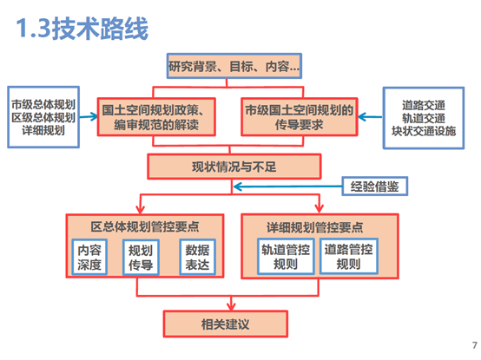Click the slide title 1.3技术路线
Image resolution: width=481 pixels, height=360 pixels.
point(82,29)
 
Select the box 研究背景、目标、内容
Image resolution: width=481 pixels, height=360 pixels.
point(234,66)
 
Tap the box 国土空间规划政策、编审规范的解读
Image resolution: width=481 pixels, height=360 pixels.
point(156,117)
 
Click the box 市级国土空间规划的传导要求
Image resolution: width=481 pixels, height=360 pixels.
point(300,117)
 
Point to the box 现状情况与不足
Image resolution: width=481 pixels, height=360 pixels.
point(234,167)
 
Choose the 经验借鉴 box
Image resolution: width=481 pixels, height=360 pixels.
point(375,186)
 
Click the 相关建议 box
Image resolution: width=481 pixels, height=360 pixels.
point(226,324)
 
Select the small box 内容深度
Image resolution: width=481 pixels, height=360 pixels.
point(89,257)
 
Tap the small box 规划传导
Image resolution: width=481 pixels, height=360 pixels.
point(141,258)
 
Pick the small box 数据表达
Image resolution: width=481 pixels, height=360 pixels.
point(198,257)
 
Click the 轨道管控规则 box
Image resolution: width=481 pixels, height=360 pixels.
point(286,256)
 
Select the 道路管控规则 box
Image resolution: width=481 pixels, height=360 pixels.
point(349,256)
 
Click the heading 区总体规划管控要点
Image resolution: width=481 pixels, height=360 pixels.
point(145,227)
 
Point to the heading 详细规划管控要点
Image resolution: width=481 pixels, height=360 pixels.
point(315,227)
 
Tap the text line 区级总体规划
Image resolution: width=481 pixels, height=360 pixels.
point(43,117)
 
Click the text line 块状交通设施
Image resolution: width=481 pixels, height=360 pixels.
point(424,131)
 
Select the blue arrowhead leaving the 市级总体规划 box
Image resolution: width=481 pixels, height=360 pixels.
point(94,117)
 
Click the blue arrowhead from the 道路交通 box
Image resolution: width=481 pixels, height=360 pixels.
point(362,117)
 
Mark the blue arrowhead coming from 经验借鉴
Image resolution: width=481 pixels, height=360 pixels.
point(237,187)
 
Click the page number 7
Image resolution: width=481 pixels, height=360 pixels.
point(475,345)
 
